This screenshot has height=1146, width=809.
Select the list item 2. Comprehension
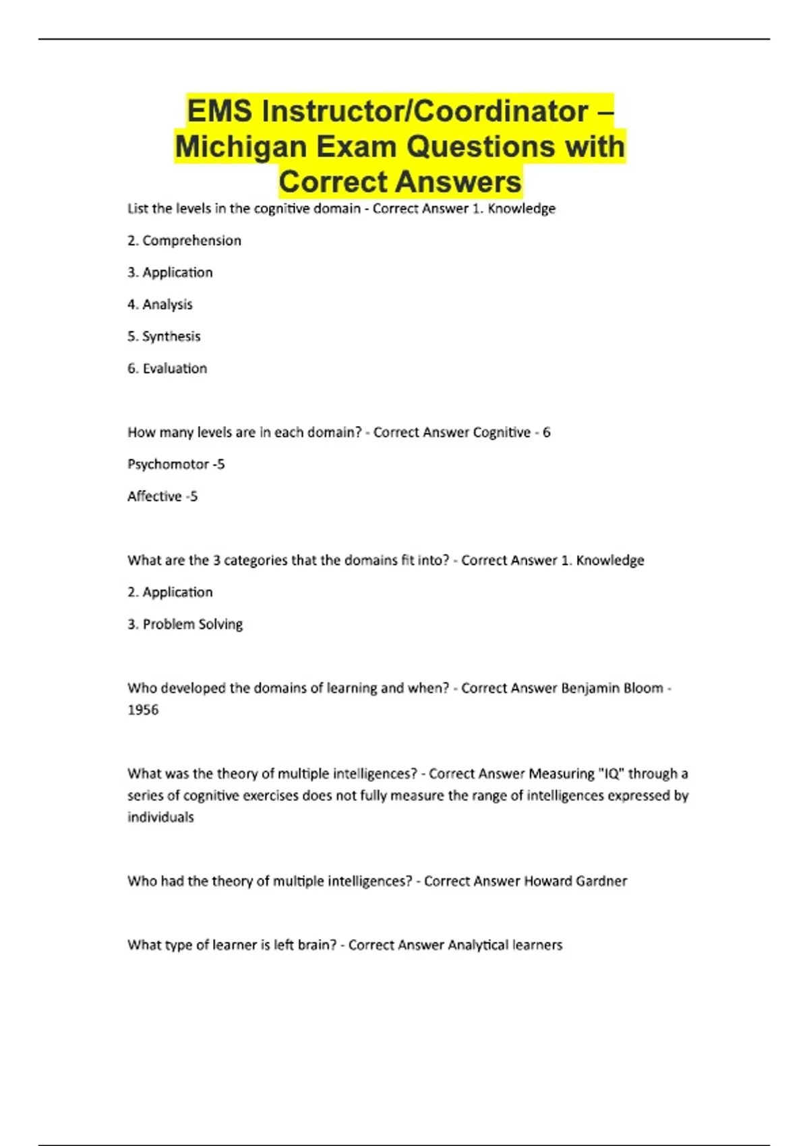point(184,241)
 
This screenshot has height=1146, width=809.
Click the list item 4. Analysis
point(160,305)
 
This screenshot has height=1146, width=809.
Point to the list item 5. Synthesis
point(164,336)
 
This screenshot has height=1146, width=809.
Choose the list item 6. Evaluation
point(167,369)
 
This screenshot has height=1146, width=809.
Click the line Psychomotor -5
point(176,464)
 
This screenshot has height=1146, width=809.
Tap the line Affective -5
point(162,497)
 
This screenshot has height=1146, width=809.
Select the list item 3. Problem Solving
point(185,624)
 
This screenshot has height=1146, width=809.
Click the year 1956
point(143,710)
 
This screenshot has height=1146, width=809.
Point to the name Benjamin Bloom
point(612,688)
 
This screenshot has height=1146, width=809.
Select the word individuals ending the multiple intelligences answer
point(160,817)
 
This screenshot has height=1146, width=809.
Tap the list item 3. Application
point(170,272)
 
